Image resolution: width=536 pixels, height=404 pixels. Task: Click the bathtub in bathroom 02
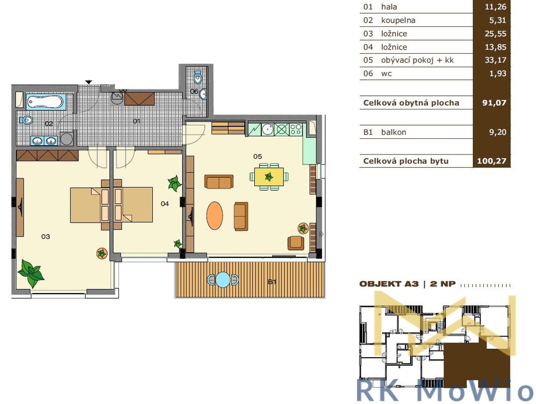coord(45,102)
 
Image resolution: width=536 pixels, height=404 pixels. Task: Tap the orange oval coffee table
coord(215,216)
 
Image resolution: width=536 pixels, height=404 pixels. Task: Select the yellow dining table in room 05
coord(269,177)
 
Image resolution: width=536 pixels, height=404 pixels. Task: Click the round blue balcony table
coord(223,280)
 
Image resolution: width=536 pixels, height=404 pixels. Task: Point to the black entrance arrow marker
coord(88,82)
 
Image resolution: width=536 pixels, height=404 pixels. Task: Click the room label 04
coord(165,204)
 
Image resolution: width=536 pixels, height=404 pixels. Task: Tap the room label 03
coord(45,236)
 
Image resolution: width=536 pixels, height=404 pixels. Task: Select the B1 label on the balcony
coord(272,282)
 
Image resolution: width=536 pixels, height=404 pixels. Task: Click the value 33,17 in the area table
coord(495,60)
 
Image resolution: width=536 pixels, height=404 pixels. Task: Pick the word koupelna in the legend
coord(398,21)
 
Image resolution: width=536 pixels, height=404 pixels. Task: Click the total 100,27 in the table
coord(492,161)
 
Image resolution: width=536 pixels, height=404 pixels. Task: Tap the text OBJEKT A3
coord(389,284)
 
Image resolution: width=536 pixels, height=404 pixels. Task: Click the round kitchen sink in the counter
coord(268,129)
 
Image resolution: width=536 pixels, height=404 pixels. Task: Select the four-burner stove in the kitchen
coord(296,129)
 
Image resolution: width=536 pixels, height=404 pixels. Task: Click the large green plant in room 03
coord(31,272)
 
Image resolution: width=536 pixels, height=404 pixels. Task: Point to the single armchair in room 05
coord(296,243)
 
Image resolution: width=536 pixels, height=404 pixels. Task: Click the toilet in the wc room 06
coord(197,77)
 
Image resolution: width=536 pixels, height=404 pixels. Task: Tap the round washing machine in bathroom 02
coord(66,139)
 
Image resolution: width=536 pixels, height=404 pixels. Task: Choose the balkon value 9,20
coord(498,132)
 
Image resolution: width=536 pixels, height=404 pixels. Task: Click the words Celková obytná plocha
coord(411,103)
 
